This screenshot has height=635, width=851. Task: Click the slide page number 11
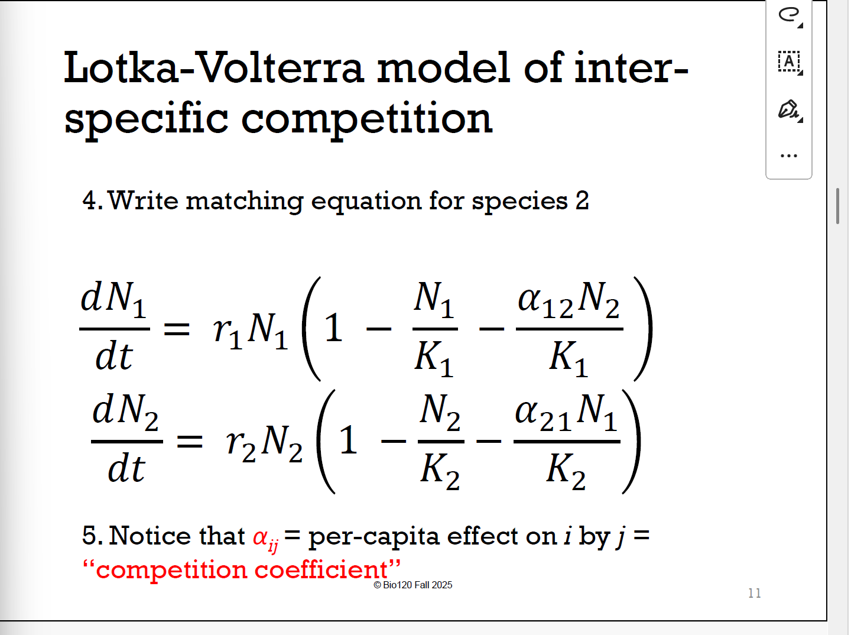[754, 593]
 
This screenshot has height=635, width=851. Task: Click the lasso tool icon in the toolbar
[789, 15]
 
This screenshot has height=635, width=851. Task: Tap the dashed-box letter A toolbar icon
[789, 61]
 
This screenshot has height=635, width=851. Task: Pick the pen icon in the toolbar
[789, 109]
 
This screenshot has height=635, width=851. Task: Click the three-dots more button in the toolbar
[789, 156]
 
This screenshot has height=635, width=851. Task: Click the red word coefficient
[322, 570]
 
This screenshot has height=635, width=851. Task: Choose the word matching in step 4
[245, 201]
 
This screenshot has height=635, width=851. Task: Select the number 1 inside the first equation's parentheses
[333, 329]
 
